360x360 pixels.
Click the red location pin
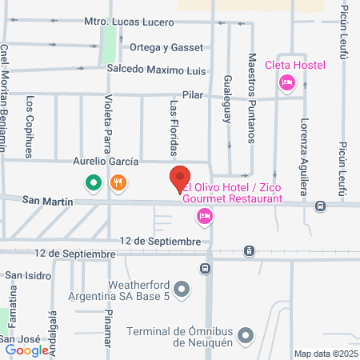(x=180, y=179)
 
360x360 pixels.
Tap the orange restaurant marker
(x=118, y=183)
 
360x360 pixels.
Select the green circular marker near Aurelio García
(x=94, y=183)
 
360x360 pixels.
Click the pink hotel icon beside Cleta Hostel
(x=286, y=82)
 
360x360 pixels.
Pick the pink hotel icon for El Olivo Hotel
(x=206, y=214)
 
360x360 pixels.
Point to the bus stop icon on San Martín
(x=320, y=206)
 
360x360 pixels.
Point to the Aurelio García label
(x=107, y=162)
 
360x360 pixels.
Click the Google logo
(x=27, y=350)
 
